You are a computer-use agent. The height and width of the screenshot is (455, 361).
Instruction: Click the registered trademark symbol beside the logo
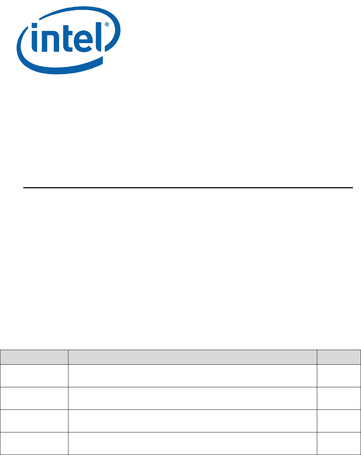(x=107, y=25)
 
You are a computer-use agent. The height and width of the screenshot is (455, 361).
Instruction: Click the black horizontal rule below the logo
(x=188, y=188)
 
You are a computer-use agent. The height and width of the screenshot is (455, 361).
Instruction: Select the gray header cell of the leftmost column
(x=34, y=357)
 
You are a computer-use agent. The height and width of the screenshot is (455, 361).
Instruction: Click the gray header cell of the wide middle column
(x=192, y=357)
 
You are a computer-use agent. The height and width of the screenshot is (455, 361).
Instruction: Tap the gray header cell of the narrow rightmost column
(x=339, y=357)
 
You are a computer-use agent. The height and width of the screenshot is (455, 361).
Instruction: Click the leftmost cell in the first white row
(x=34, y=375)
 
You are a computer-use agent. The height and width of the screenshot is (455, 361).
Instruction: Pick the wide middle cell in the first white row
(x=192, y=375)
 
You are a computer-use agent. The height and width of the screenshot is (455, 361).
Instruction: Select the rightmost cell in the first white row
(x=339, y=375)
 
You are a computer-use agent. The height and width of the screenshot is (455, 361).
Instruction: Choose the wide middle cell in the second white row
(x=192, y=398)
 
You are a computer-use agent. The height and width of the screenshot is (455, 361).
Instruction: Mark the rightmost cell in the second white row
(x=339, y=398)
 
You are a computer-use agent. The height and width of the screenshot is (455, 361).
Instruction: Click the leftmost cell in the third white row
(x=34, y=421)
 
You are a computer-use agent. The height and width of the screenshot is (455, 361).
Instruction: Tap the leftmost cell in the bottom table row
(x=34, y=443)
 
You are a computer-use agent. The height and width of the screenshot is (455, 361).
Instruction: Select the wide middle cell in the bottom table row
(x=192, y=443)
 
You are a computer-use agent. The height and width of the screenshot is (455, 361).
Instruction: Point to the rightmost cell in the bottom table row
(x=339, y=443)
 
